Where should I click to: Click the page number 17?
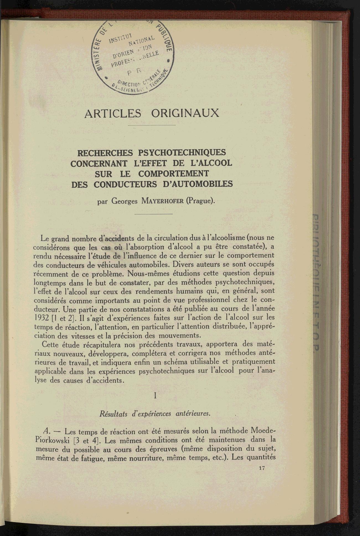(262, 468)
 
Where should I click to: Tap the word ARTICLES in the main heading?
(113, 113)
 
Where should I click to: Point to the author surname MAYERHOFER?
(162, 201)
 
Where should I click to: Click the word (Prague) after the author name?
(201, 201)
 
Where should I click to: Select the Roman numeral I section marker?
(155, 396)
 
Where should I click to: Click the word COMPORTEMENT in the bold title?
(173, 174)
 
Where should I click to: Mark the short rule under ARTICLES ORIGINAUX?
(152, 125)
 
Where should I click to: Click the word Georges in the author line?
(124, 201)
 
